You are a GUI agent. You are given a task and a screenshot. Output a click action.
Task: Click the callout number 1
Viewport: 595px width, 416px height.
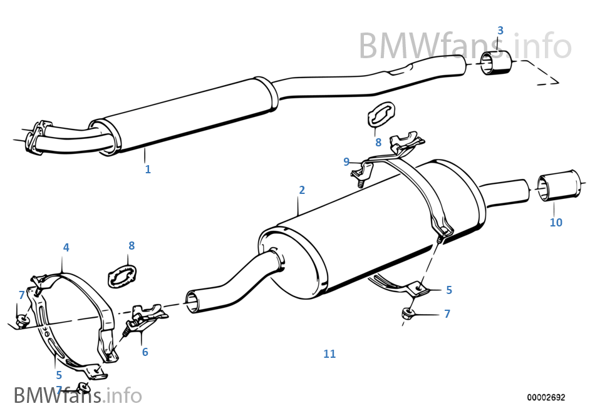click(x=148, y=169)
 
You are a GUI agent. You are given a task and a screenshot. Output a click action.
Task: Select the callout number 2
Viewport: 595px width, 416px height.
click(x=302, y=190)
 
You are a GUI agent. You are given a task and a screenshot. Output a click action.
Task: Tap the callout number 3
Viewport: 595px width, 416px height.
click(x=500, y=31)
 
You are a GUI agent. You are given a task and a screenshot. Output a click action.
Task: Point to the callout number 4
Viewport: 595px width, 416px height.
click(x=66, y=248)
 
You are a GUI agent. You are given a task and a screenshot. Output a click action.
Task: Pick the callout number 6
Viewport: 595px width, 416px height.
click(x=145, y=352)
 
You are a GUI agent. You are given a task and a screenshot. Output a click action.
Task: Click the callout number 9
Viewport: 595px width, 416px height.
click(x=346, y=162)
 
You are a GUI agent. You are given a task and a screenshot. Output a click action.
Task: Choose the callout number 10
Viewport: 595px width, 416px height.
click(x=556, y=222)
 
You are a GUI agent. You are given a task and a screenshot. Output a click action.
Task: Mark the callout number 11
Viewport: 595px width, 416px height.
click(x=329, y=354)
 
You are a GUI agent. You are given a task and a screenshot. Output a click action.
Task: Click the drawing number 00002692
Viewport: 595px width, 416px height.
click(x=546, y=397)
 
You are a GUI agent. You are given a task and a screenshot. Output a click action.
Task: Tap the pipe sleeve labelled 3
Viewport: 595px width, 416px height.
click(x=496, y=64)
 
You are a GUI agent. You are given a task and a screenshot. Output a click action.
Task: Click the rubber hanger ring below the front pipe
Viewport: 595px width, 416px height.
click(x=378, y=116)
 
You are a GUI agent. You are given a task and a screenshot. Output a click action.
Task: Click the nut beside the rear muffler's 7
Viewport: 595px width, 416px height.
click(x=408, y=312)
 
